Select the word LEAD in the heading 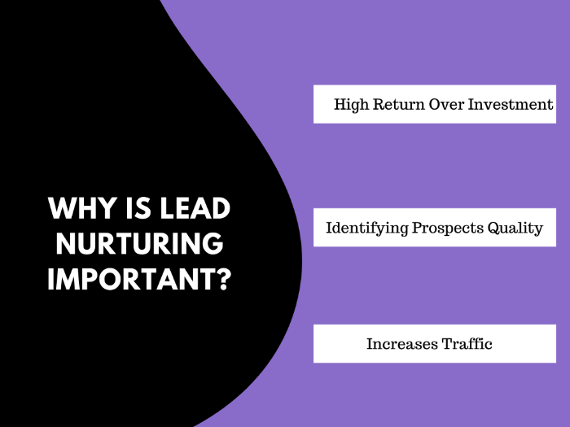click(195, 208)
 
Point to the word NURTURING click(139, 244)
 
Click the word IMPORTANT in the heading click(134, 279)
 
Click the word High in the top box click(351, 105)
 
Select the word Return click(399, 104)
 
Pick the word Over click(446, 104)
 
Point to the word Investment click(511, 104)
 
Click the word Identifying click(367, 229)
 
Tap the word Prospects click(448, 229)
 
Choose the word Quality click(515, 229)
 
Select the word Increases click(401, 344)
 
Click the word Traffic click(467, 343)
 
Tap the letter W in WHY click(61, 208)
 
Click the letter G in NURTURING click(213, 244)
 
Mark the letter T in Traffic click(447, 344)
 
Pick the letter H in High click(340, 104)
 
